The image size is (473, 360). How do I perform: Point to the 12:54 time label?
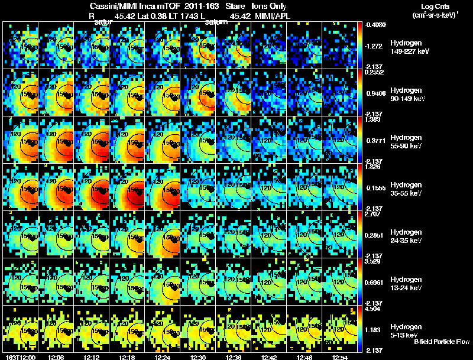click(339, 357)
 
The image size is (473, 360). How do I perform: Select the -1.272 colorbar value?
click(375, 46)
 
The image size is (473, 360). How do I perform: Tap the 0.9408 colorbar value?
click(375, 93)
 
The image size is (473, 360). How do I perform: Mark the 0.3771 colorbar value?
click(375, 140)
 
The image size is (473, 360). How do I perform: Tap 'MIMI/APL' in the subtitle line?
click(270, 15)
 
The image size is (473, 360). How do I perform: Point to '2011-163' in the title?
click(182, 6)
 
